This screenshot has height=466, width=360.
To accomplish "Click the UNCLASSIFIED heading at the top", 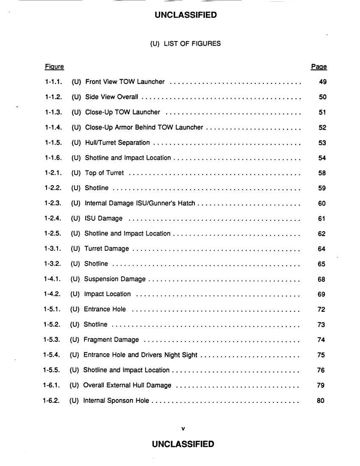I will pyautogui.click(x=186, y=15).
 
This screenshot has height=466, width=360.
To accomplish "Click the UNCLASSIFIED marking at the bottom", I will pyautogui.click(x=183, y=444).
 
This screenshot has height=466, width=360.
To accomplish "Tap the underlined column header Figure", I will pyautogui.click(x=54, y=67).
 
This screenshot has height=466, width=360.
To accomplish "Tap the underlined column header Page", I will pyautogui.click(x=319, y=67).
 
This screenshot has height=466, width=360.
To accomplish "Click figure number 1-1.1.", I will pyautogui.click(x=53, y=82).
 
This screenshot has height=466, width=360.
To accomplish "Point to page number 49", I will pyautogui.click(x=322, y=82).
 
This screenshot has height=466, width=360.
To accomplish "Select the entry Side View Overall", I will pyautogui.click(x=111, y=97).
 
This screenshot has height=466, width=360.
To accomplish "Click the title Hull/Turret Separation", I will pyautogui.click(x=117, y=143).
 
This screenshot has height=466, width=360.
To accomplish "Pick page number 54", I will pyautogui.click(x=322, y=158).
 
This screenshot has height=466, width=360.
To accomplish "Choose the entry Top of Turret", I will pyautogui.click(x=104, y=173).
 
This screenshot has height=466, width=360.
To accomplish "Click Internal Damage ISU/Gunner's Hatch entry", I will pyautogui.click(x=140, y=203).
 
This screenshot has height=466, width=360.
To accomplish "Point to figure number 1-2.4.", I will pyautogui.click(x=53, y=219).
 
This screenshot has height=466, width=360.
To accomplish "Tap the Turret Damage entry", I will pyautogui.click(x=107, y=249).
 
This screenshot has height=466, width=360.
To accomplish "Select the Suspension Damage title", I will pyautogui.click(x=115, y=279).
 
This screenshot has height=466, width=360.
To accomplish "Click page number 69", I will pyautogui.click(x=321, y=294).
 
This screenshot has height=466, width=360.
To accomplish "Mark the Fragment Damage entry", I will pyautogui.click(x=111, y=340).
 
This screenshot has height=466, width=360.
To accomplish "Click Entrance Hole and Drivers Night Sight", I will pyautogui.click(x=140, y=355).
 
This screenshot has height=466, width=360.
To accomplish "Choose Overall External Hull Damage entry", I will pyautogui.click(x=127, y=386).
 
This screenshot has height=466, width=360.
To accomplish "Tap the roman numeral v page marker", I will pyautogui.click(x=183, y=428).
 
